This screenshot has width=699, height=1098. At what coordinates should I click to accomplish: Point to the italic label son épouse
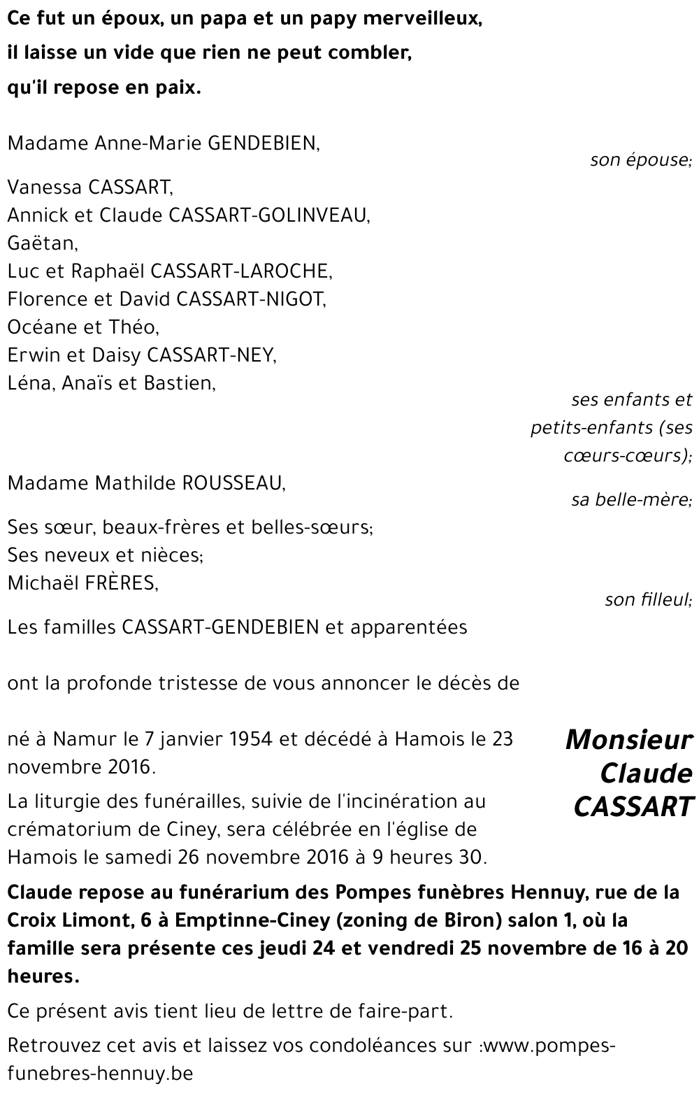pyautogui.click(x=640, y=160)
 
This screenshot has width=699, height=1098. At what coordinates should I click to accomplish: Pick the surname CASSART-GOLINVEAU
pyautogui.click(x=269, y=215)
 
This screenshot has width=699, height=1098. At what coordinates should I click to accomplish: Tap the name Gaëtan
pyautogui.click(x=42, y=243)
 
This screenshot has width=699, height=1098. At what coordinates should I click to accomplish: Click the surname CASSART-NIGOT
pyautogui.click(x=251, y=299)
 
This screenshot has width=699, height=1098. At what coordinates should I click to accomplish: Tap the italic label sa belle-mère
pyautogui.click(x=631, y=501)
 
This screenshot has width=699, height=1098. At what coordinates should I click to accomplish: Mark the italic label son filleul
pyautogui.click(x=648, y=600)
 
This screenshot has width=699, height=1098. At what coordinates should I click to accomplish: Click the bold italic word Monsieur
pyautogui.click(x=628, y=739)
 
